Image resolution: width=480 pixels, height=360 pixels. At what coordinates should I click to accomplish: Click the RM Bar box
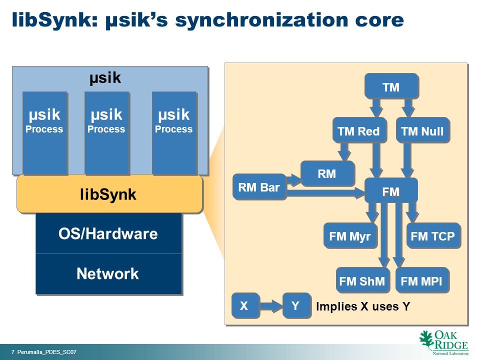pyautogui.click(x=259, y=186)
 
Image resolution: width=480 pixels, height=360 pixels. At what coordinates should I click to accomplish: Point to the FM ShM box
pyautogui.click(x=363, y=280)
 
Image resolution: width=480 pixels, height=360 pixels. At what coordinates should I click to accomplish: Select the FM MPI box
pyautogui.click(x=422, y=280)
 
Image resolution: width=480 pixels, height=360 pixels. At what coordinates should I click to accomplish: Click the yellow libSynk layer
pyautogui.click(x=109, y=194)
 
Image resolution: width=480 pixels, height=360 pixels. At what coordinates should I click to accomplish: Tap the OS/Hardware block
pyautogui.click(x=108, y=233)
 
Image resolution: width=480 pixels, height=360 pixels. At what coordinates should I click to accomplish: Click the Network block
pyautogui.click(x=108, y=273)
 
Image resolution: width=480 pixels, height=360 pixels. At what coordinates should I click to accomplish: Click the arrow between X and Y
pyautogui.click(x=271, y=305)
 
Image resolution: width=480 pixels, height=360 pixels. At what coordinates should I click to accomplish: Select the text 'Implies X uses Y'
pyautogui.click(x=363, y=306)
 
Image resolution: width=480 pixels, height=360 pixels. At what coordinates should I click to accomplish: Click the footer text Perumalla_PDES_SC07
pyautogui.click(x=47, y=352)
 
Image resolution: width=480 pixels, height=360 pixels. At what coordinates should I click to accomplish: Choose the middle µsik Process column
pyautogui.click(x=106, y=133)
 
